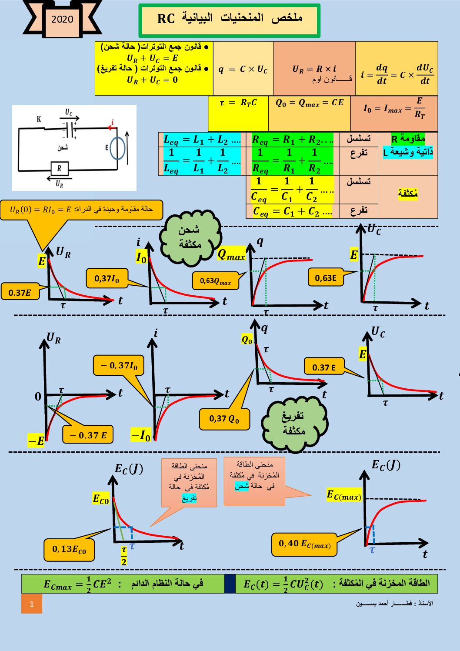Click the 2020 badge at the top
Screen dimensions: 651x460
(62, 19)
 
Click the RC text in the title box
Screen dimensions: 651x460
(166, 19)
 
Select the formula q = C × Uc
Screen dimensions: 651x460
(243, 69)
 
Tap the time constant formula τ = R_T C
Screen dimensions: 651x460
(238, 103)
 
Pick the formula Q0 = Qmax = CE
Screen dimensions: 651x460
(310, 103)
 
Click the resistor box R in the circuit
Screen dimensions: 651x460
(59, 168)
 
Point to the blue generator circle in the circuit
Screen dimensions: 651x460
(117, 148)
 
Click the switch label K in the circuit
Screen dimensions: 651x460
(39, 119)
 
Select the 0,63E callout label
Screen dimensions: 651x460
(326, 277)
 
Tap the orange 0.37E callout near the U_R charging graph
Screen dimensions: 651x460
(20, 292)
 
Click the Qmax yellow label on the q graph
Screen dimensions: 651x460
(231, 255)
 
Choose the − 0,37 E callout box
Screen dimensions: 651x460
(88, 435)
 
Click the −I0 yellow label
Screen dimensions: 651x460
(141, 434)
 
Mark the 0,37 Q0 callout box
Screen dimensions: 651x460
(224, 419)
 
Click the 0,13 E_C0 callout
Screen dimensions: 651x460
(69, 550)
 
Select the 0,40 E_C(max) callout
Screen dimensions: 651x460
(304, 544)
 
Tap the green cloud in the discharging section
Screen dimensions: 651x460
(294, 424)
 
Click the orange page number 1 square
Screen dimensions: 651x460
(32, 604)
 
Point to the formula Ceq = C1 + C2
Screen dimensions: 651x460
(292, 212)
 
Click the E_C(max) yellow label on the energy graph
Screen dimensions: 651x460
(344, 495)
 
